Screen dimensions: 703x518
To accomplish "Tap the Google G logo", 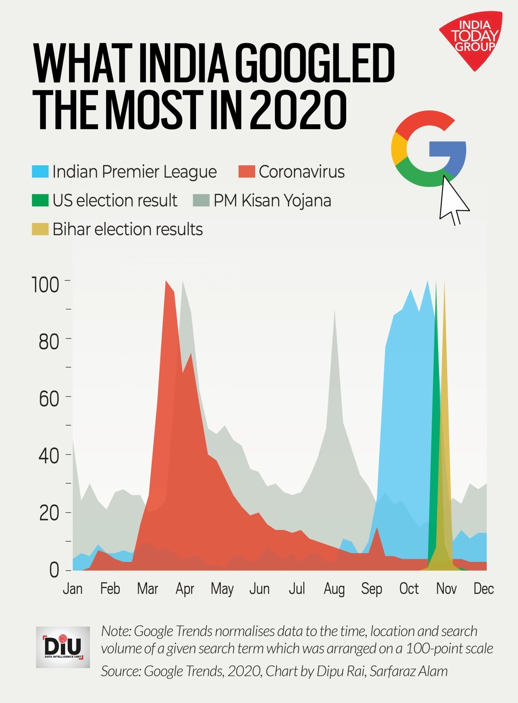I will (428, 149).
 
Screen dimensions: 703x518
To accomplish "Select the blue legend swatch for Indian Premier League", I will (40, 171).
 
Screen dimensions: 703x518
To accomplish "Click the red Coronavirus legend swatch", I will (247, 171).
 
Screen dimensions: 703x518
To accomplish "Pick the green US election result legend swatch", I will (40, 200).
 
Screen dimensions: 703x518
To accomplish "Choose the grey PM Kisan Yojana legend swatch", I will (201, 200).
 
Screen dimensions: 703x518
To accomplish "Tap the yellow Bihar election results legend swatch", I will (40, 229).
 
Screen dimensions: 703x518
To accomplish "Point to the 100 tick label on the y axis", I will (45, 285).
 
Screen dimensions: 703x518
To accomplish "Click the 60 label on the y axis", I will (48, 399).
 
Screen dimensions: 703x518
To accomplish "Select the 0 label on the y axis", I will (54, 570).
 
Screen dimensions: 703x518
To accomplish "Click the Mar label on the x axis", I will (148, 589).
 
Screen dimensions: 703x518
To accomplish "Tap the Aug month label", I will (334, 589).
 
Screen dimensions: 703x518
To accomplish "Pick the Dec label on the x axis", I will (483, 589).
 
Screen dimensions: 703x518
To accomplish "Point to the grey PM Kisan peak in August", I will (335, 311).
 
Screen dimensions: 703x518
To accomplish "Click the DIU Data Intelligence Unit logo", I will (63, 647).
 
